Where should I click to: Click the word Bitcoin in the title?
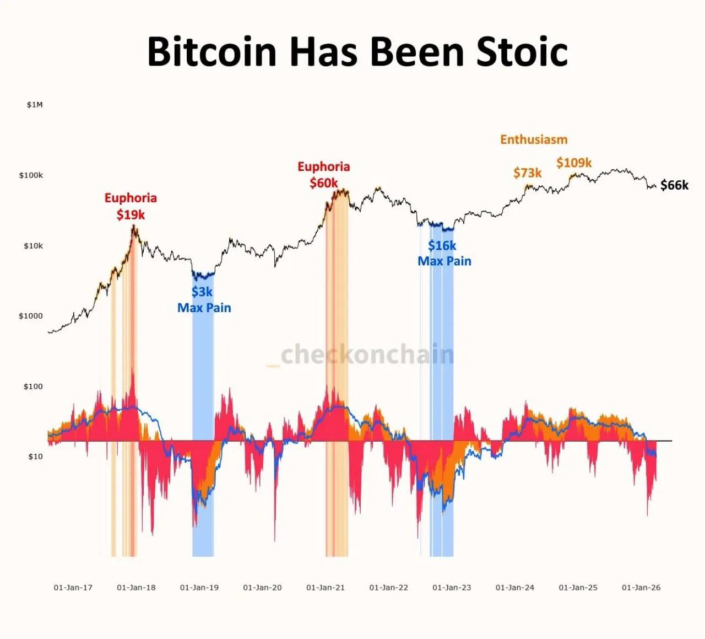pyautogui.click(x=211, y=52)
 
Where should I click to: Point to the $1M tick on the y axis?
pyautogui.click(x=35, y=105)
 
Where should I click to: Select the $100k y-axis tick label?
pyautogui.click(x=31, y=175)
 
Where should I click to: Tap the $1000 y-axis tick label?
pyautogui.click(x=31, y=316)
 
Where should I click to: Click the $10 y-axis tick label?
pyautogui.click(x=35, y=457)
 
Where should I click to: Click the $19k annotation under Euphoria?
pyautogui.click(x=131, y=214)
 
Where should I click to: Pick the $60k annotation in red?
pyautogui.click(x=323, y=183)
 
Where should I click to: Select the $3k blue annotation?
pyautogui.click(x=202, y=292)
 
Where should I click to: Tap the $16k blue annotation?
pyautogui.click(x=442, y=245)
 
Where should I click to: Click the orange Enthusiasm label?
pyautogui.click(x=534, y=139)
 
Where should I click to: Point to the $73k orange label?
pyautogui.click(x=527, y=173)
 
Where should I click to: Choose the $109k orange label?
pyautogui.click(x=574, y=163)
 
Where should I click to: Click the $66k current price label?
pyautogui.click(x=674, y=185)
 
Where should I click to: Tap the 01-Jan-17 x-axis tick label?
pyautogui.click(x=73, y=588)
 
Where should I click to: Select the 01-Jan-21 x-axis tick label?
pyautogui.click(x=326, y=588)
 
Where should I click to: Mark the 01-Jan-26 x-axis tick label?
pyautogui.click(x=641, y=588)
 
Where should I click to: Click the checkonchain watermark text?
pyautogui.click(x=367, y=355)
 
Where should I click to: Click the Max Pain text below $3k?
pyautogui.click(x=204, y=308)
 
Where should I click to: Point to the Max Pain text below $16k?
pyautogui.click(x=444, y=261)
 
